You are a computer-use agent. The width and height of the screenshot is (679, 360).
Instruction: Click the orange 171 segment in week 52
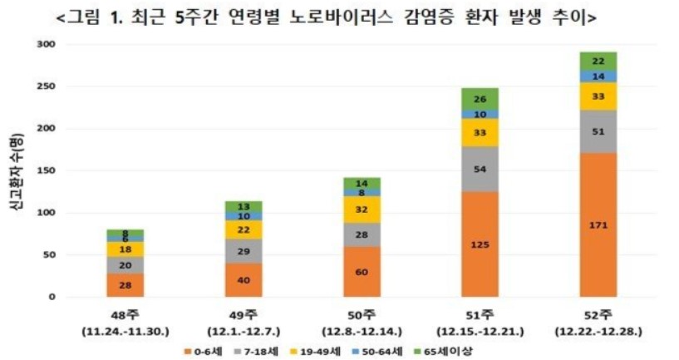[x=598, y=224]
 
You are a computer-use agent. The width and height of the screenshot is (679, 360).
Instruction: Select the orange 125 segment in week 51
[x=480, y=244]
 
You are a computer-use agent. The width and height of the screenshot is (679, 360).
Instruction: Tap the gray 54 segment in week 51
[x=480, y=169]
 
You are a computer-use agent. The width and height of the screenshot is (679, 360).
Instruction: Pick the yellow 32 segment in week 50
[x=361, y=210]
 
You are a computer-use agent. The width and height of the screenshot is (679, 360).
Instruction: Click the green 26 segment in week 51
[x=480, y=99]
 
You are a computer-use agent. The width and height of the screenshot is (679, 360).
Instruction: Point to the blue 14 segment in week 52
[x=598, y=76]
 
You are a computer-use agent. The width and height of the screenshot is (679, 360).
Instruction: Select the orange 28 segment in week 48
[x=125, y=285]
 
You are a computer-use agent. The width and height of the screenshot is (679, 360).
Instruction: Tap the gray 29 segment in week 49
[x=243, y=251]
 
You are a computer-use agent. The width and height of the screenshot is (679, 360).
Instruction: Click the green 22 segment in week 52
[x=598, y=61]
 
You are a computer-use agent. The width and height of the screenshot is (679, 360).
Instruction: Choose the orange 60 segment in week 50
[x=361, y=272]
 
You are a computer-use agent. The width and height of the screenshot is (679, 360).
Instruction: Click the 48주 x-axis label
[x=125, y=315]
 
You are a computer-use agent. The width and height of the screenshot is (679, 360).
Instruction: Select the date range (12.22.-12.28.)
[x=598, y=330]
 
